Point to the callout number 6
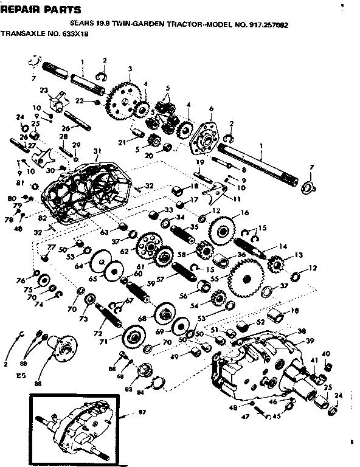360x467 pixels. click(x=210, y=109)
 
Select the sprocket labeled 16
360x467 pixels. click(x=223, y=230)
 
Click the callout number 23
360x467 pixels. click(x=44, y=91)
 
